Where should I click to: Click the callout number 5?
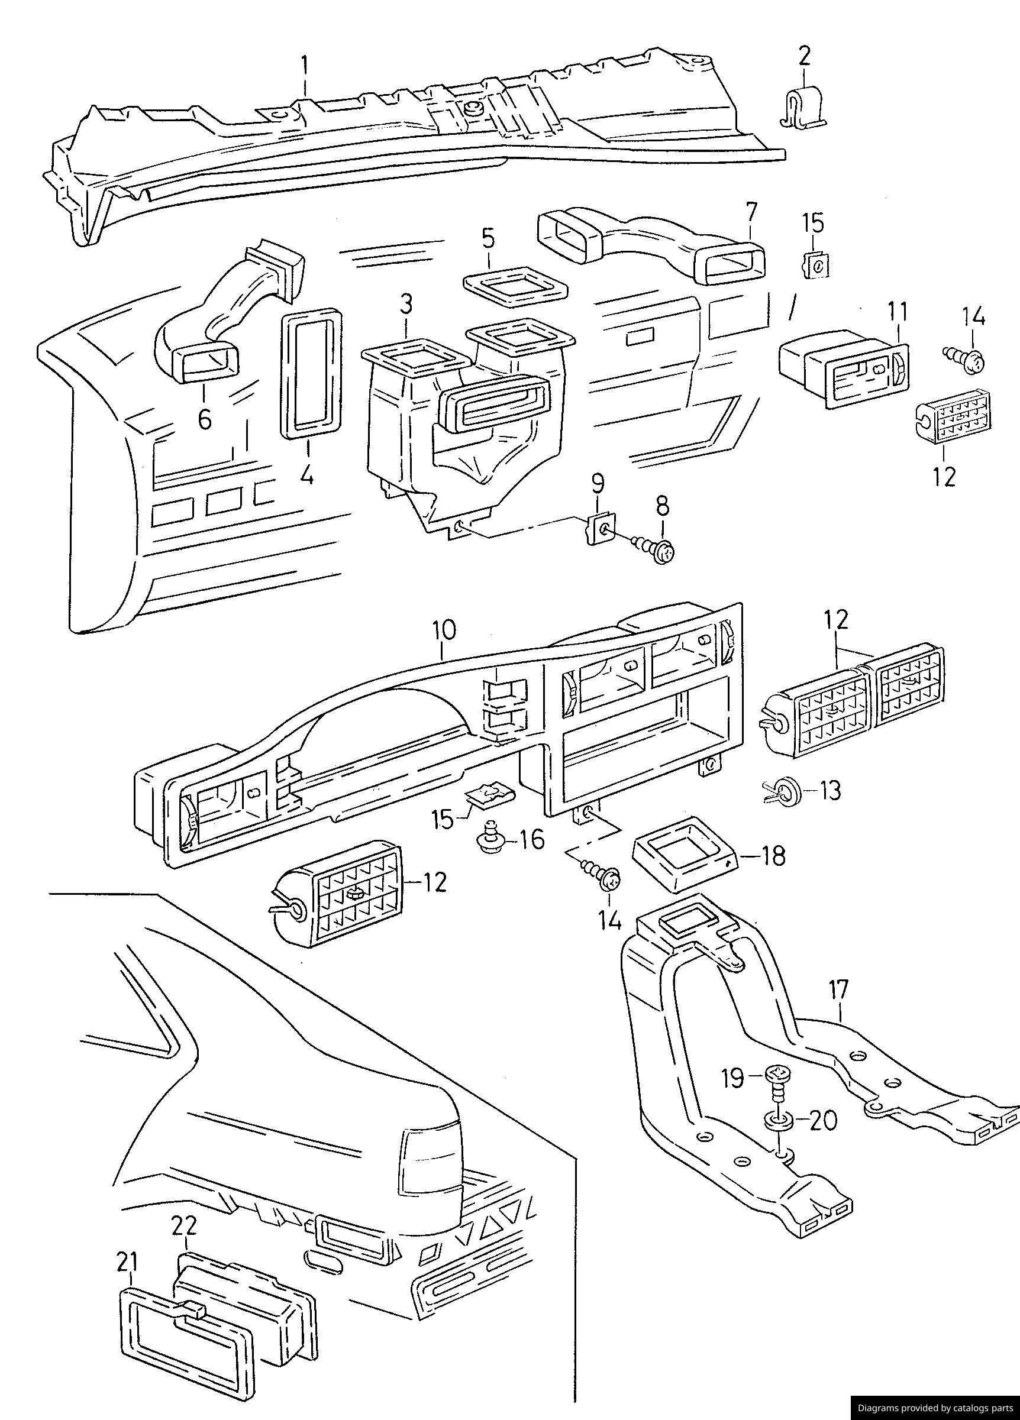click(x=488, y=238)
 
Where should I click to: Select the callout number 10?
click(x=443, y=630)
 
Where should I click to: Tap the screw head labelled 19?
click(x=777, y=1075)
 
